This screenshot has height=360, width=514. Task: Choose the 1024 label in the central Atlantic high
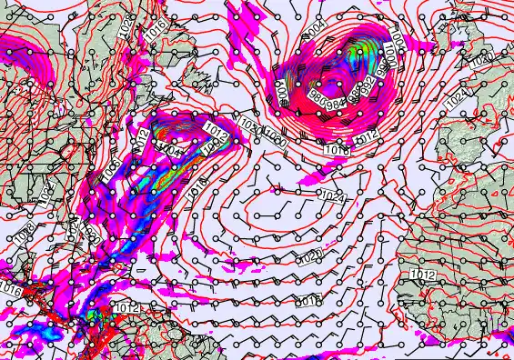coord(333,195)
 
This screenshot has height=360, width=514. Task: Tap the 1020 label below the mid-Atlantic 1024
coord(311,255)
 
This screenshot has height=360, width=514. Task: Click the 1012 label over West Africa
coord(421,275)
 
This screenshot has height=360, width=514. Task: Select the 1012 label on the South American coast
coord(128,308)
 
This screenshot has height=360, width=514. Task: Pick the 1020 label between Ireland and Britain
coord(481,59)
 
